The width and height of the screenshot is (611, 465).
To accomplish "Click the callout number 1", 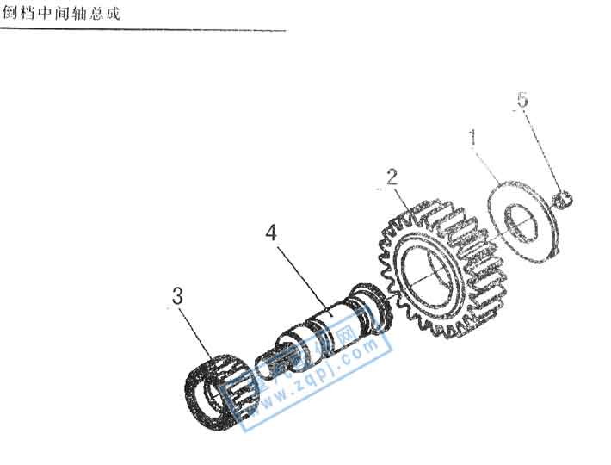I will point(472,137).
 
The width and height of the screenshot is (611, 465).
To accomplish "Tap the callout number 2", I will point(392,178).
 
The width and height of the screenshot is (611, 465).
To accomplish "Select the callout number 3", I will point(177,297).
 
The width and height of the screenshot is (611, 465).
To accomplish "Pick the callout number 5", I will point(522,100).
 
